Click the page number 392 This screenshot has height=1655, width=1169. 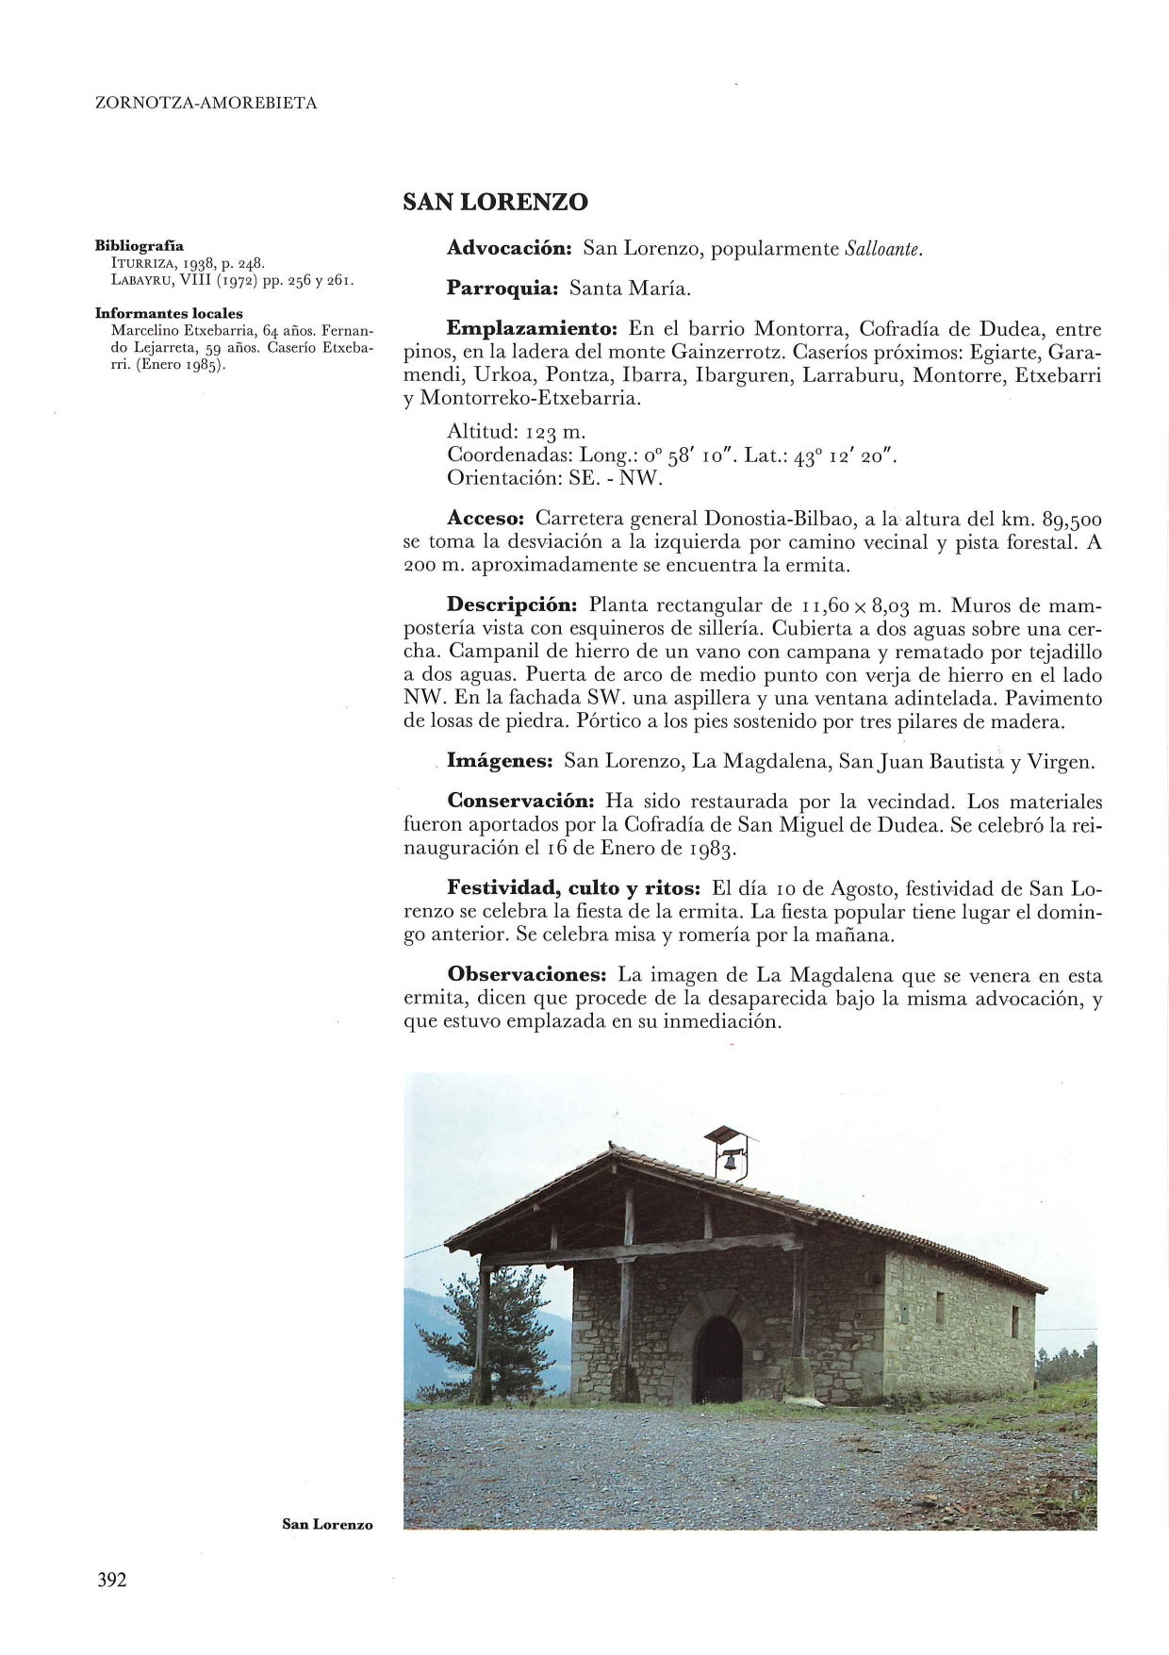[111, 1581]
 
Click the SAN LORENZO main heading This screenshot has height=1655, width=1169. [495, 203]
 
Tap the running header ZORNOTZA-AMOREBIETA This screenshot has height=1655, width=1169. [206, 104]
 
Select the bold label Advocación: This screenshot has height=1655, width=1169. [510, 249]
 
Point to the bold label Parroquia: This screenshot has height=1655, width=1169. [503, 289]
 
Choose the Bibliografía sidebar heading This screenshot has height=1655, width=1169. [140, 246]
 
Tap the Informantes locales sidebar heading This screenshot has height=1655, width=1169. [169, 313]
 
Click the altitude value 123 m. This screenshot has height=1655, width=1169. [555, 432]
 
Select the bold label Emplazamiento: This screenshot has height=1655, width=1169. [532, 329]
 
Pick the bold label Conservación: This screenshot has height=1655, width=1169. [520, 802]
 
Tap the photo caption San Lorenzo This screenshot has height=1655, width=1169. [327, 1524]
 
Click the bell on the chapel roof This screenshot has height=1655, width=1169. [730, 1162]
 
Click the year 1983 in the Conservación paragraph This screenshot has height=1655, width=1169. [710, 848]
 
